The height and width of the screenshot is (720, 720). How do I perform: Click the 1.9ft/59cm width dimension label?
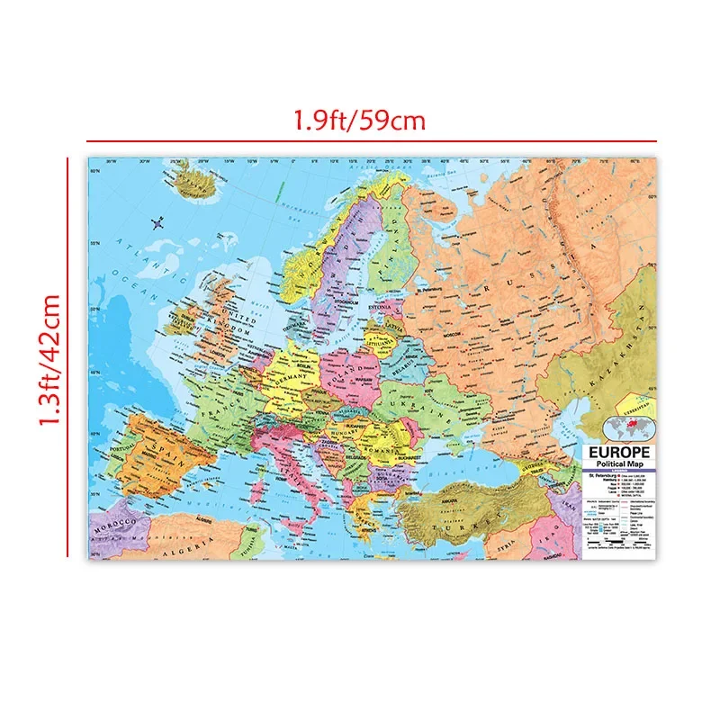coord(358,120)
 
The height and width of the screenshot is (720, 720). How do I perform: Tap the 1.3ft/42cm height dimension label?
coord(48,360)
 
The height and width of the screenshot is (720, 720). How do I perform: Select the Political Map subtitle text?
coord(618,463)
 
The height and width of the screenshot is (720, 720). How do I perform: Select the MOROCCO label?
coord(114,522)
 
